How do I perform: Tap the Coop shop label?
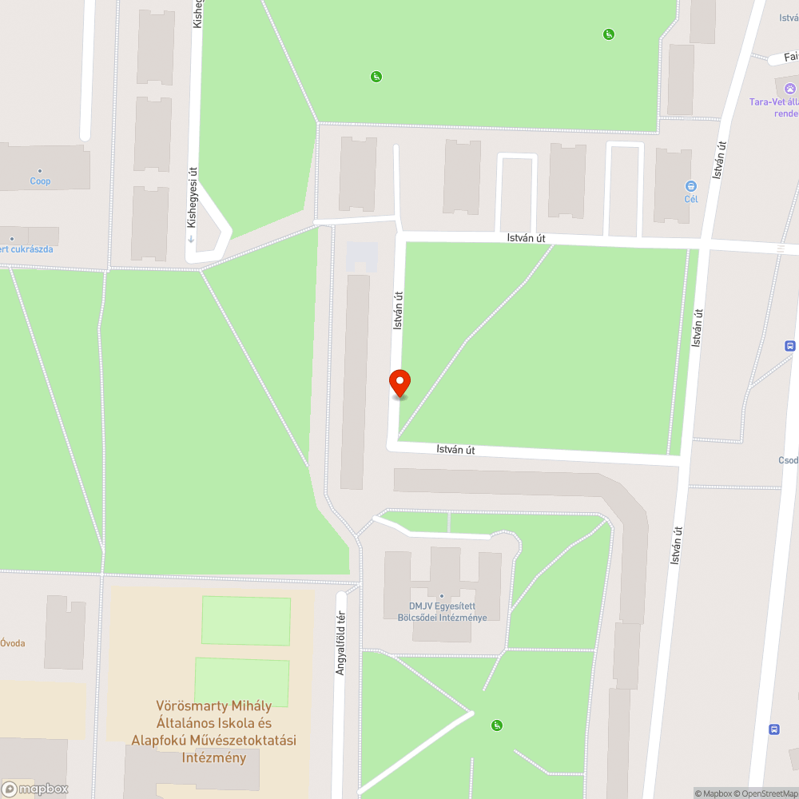tap(41, 181)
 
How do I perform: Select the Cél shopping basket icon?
tap(691, 186)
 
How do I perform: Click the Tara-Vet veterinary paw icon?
tap(790, 89)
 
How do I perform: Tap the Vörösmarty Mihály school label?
tap(213, 731)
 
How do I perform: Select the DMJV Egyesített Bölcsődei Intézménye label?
tap(442, 611)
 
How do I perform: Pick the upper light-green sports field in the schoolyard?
tap(245, 621)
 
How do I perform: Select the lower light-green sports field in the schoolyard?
tap(241, 682)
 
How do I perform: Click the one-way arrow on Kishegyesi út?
tap(192, 238)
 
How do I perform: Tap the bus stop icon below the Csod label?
tap(773, 729)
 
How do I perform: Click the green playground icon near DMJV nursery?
tap(497, 725)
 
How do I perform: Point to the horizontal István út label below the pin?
tap(455, 450)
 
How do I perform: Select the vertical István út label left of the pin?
tap(397, 311)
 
